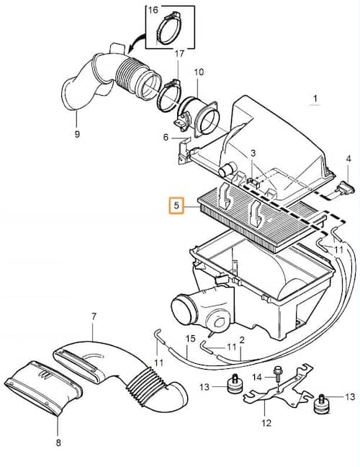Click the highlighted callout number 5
[176, 205]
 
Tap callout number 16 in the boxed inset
[153, 10]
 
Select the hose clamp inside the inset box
[169, 27]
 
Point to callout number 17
[179, 54]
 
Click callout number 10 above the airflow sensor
[199, 72]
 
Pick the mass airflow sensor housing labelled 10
[197, 117]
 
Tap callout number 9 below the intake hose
[77, 134]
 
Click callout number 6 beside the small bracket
[166, 138]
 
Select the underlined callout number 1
[315, 98]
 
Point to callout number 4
[348, 159]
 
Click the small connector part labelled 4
[346, 187]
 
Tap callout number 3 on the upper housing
[253, 154]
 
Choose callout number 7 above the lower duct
[94, 316]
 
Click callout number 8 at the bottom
[58, 443]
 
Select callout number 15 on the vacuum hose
[190, 339]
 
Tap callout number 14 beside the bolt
[257, 378]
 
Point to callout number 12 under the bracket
[266, 422]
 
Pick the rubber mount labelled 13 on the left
[234, 384]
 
